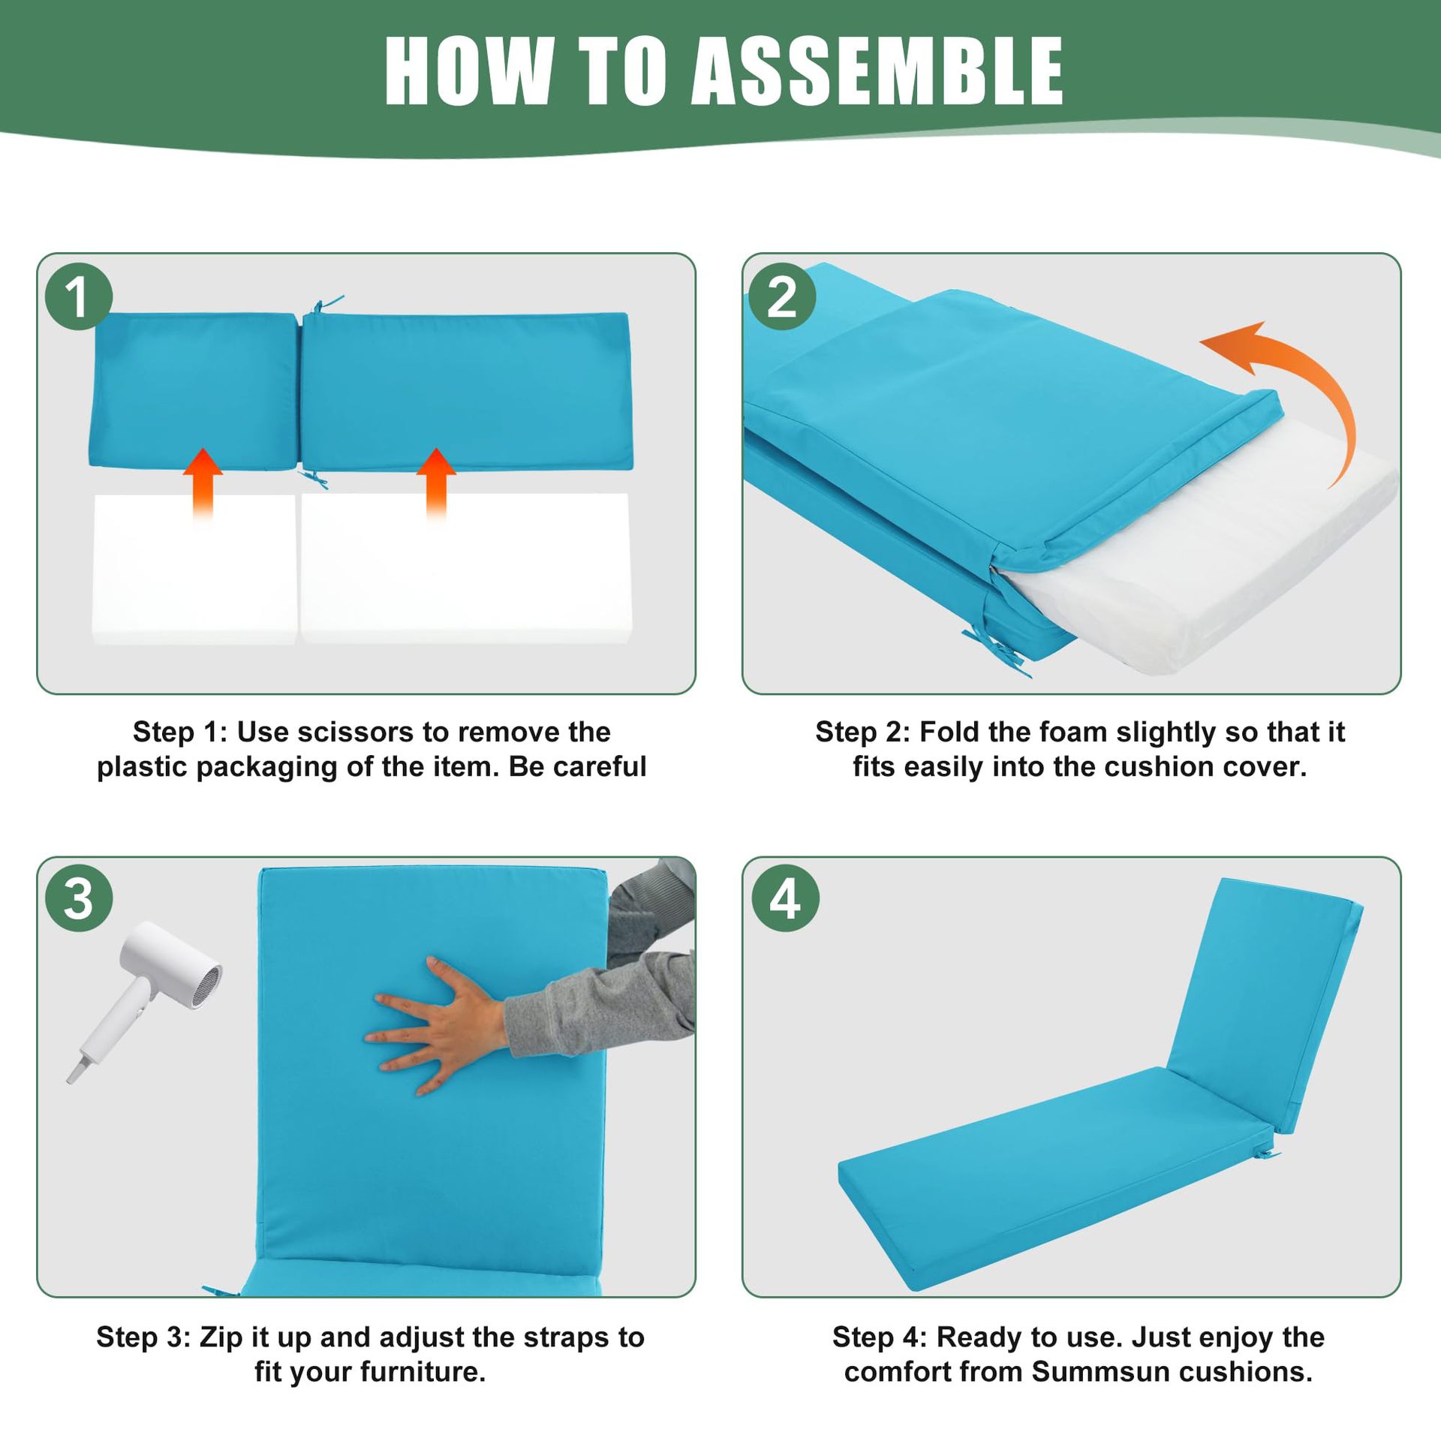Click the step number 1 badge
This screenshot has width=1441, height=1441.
(x=79, y=296)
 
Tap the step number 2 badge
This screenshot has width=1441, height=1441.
(x=783, y=296)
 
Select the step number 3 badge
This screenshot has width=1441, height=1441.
(x=79, y=898)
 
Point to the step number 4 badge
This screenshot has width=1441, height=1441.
(x=785, y=898)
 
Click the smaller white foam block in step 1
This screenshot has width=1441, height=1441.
(x=194, y=568)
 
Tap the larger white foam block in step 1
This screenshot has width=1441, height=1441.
(x=465, y=568)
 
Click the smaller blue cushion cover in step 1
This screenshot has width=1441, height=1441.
(x=194, y=391)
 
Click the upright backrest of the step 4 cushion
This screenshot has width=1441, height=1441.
(x=1265, y=1002)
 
